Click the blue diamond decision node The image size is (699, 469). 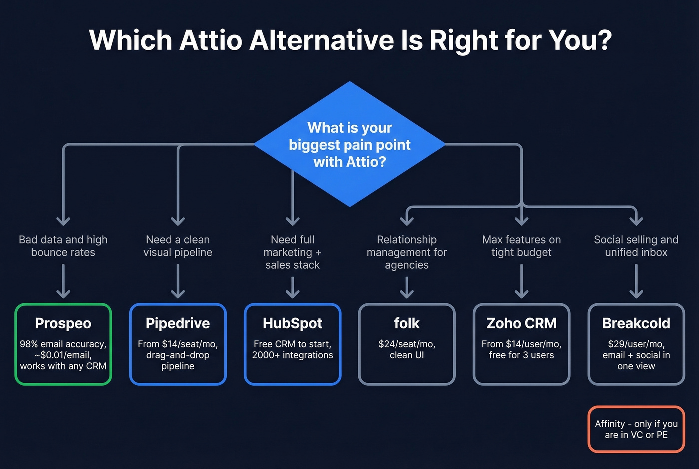point(349,145)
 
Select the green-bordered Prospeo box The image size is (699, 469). point(63,344)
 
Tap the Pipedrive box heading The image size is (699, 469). point(178,323)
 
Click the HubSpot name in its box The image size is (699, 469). point(292,323)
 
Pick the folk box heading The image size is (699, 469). point(407,323)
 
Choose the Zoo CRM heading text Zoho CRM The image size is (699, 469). point(521,323)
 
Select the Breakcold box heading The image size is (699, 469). point(636,323)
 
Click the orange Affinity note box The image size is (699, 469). point(636,429)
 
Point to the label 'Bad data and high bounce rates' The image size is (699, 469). point(63,246)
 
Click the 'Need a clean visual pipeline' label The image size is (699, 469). point(178,246)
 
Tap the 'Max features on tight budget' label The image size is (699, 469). point(521,246)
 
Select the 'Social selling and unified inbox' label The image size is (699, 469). point(636,246)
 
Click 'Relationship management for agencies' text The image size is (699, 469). point(407,252)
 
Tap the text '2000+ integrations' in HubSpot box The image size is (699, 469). point(292,355)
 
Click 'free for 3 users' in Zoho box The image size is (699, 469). point(521,355)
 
